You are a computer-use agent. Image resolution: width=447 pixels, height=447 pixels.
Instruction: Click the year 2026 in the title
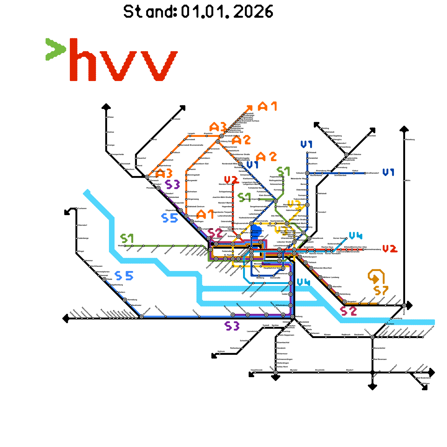click(x=253, y=12)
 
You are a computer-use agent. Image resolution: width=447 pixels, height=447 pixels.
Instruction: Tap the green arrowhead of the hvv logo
click(x=56, y=49)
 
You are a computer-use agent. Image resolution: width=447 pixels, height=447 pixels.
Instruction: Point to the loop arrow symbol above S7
click(x=376, y=276)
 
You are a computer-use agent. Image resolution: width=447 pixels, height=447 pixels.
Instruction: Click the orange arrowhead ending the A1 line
click(x=249, y=108)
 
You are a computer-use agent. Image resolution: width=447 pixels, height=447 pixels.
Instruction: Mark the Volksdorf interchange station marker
click(x=307, y=173)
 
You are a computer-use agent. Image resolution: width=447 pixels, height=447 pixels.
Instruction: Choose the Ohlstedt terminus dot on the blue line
click(x=307, y=153)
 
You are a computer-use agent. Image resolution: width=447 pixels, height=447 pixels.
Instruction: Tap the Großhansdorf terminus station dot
click(x=365, y=173)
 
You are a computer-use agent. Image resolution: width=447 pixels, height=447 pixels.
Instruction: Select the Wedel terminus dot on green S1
click(x=125, y=246)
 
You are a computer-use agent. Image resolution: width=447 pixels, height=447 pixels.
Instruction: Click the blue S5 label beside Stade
click(x=124, y=276)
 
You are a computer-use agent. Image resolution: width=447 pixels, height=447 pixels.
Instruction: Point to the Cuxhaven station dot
click(x=76, y=208)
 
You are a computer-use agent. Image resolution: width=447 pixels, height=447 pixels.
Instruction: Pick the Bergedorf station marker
click(x=345, y=302)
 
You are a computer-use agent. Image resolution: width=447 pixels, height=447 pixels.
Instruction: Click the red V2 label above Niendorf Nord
click(x=232, y=180)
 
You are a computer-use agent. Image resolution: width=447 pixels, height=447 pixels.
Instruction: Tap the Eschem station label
click(x=391, y=324)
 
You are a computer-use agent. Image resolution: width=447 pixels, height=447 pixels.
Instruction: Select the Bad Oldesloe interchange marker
click(x=346, y=154)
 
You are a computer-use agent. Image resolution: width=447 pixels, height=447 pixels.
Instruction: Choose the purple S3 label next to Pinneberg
click(x=172, y=184)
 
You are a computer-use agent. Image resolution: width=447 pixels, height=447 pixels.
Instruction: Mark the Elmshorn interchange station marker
click(x=147, y=177)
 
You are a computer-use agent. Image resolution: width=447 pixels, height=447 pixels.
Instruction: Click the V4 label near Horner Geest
click(x=355, y=236)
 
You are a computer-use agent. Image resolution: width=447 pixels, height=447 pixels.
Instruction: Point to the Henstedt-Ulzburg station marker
click(x=222, y=136)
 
